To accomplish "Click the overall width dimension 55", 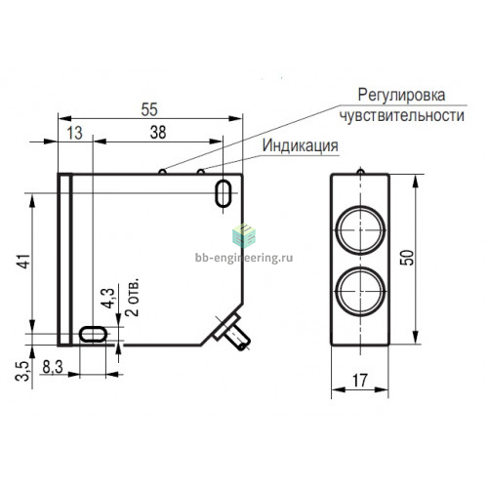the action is click(x=149, y=109).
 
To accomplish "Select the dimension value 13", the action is click(x=75, y=133).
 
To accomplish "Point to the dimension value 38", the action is click(x=158, y=133).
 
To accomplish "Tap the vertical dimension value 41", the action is click(x=24, y=261).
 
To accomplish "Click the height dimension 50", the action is click(x=407, y=258).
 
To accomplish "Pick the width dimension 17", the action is click(x=360, y=381).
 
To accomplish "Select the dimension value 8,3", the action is click(x=53, y=367).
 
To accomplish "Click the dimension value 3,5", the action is click(x=22, y=371).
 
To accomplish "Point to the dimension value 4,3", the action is click(x=107, y=298).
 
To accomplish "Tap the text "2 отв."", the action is click(x=133, y=297).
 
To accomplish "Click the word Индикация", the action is click(x=300, y=145).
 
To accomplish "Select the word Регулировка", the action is click(x=401, y=95).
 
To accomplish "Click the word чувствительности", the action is click(x=401, y=115).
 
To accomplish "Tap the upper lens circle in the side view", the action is click(x=360, y=230).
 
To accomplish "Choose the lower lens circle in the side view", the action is click(x=360, y=291).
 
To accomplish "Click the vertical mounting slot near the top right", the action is click(x=224, y=193).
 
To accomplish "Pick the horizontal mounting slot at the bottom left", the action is click(x=93, y=334).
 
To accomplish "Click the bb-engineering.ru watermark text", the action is click(x=244, y=258).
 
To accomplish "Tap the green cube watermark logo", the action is click(x=244, y=235).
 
